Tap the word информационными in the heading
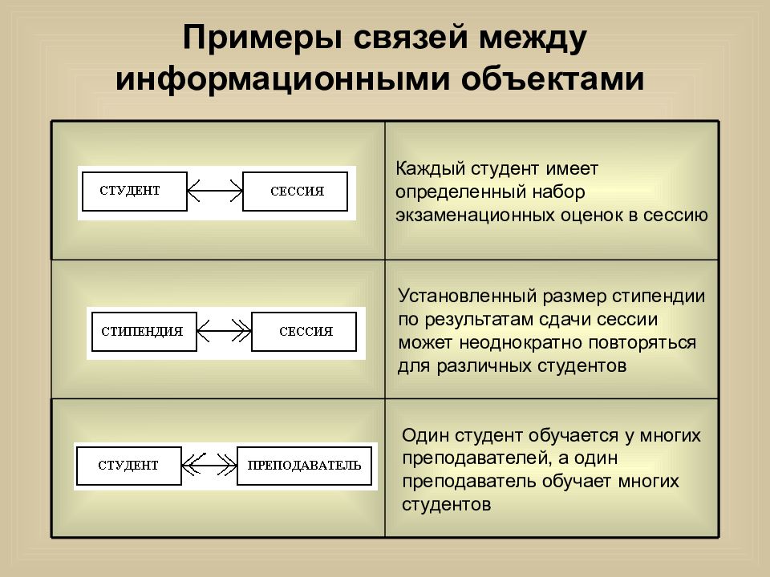pyautogui.click(x=282, y=79)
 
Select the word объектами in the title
pyautogui.click(x=553, y=79)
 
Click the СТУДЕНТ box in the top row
pyautogui.click(x=135, y=192)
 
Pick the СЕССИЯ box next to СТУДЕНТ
pyautogui.click(x=295, y=192)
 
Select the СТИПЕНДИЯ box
pyautogui.click(x=144, y=332)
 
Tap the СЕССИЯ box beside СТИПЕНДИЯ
pyautogui.click(x=304, y=332)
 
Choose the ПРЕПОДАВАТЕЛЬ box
pyautogui.click(x=305, y=466)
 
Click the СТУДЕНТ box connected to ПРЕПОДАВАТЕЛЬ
pyautogui.click(x=129, y=466)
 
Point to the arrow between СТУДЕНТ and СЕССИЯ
pyautogui.click(x=215, y=191)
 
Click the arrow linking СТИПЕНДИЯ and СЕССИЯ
pyautogui.click(x=224, y=331)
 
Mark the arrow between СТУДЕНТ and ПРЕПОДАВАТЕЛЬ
pyautogui.click(x=209, y=465)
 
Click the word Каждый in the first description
pyautogui.click(x=430, y=169)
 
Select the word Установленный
pyautogui.click(x=467, y=297)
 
